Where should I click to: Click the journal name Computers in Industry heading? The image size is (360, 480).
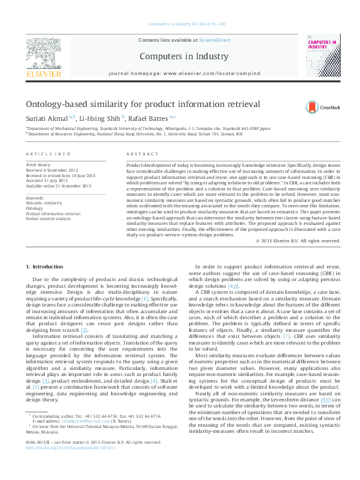[x=185, y=56]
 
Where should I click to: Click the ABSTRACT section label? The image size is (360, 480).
[x=139, y=155]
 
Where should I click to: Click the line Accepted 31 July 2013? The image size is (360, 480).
[x=49, y=181]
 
